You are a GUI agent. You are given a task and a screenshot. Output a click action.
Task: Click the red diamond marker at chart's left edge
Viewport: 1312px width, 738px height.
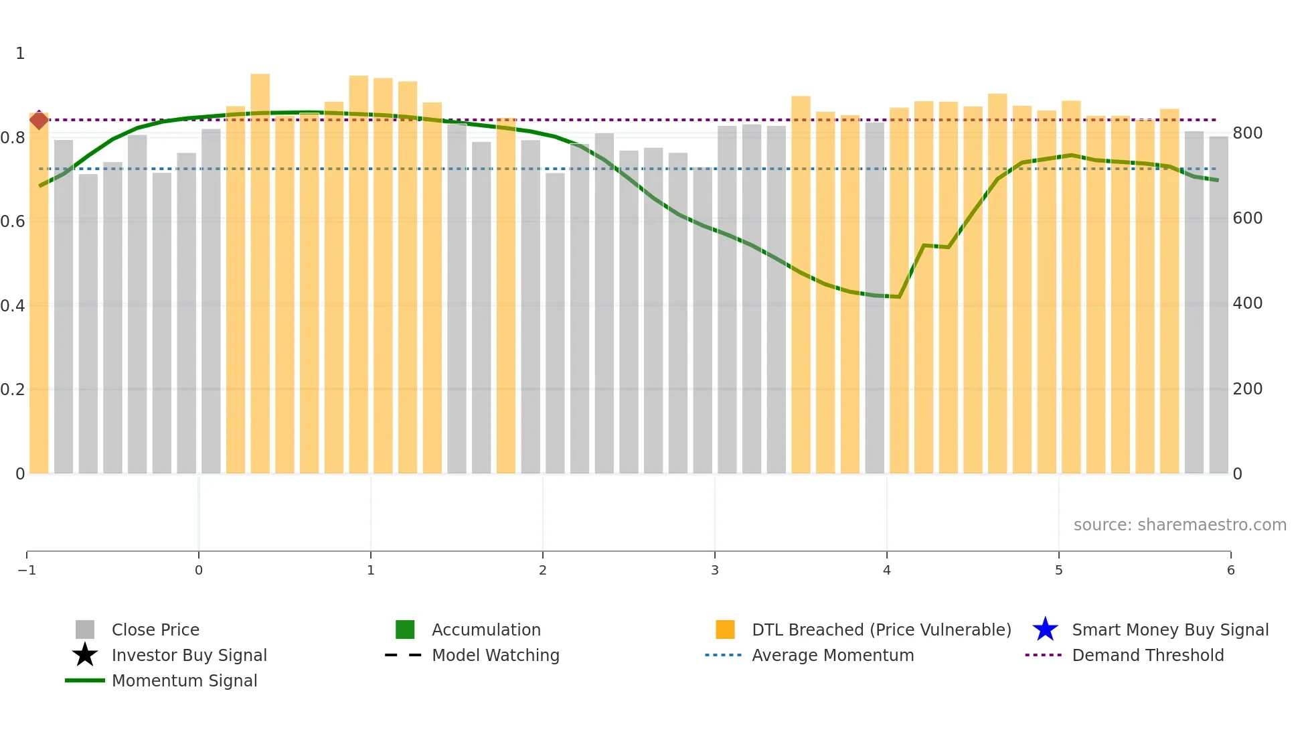pos(39,121)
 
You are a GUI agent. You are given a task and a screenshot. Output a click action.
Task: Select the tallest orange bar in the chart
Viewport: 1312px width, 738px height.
pos(260,268)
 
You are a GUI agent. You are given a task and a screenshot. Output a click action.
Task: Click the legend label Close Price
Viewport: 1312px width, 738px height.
pos(155,630)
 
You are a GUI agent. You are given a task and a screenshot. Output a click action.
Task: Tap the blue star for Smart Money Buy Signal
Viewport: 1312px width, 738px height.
pos(1045,630)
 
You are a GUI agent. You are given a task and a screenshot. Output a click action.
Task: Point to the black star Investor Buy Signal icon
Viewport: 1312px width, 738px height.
pos(85,656)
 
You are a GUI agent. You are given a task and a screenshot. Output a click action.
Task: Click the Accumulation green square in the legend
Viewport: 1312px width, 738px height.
pos(405,630)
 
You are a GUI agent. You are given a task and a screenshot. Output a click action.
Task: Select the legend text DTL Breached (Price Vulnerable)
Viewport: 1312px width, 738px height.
pos(881,630)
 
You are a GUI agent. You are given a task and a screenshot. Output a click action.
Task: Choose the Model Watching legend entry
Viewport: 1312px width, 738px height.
pos(495,656)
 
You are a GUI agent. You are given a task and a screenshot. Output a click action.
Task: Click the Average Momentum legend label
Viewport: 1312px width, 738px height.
pos(833,656)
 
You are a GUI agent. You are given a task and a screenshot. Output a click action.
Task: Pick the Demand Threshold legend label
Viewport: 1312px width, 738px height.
pos(1147,656)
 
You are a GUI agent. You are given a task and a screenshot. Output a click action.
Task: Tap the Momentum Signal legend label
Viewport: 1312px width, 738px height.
pos(184,681)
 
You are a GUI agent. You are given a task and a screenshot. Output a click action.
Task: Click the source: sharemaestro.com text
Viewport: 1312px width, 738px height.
pos(1179,525)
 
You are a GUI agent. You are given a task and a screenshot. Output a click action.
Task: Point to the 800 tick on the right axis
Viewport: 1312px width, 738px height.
pos(1248,133)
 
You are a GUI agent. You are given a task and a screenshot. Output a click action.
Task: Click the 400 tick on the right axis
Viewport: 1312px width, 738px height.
pos(1248,303)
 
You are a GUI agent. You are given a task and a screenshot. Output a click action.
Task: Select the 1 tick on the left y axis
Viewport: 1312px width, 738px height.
pos(20,54)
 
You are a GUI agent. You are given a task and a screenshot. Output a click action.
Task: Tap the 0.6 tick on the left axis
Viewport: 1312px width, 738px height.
pos(13,222)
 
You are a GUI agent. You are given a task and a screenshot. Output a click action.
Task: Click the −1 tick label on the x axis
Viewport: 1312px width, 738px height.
pos(27,571)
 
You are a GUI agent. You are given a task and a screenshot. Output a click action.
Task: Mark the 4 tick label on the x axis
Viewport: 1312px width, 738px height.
pos(887,571)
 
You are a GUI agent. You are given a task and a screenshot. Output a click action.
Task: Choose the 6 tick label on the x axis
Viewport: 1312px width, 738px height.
pos(1230,571)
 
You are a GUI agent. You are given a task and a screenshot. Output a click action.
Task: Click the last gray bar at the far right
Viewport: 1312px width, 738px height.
pos(1218,301)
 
